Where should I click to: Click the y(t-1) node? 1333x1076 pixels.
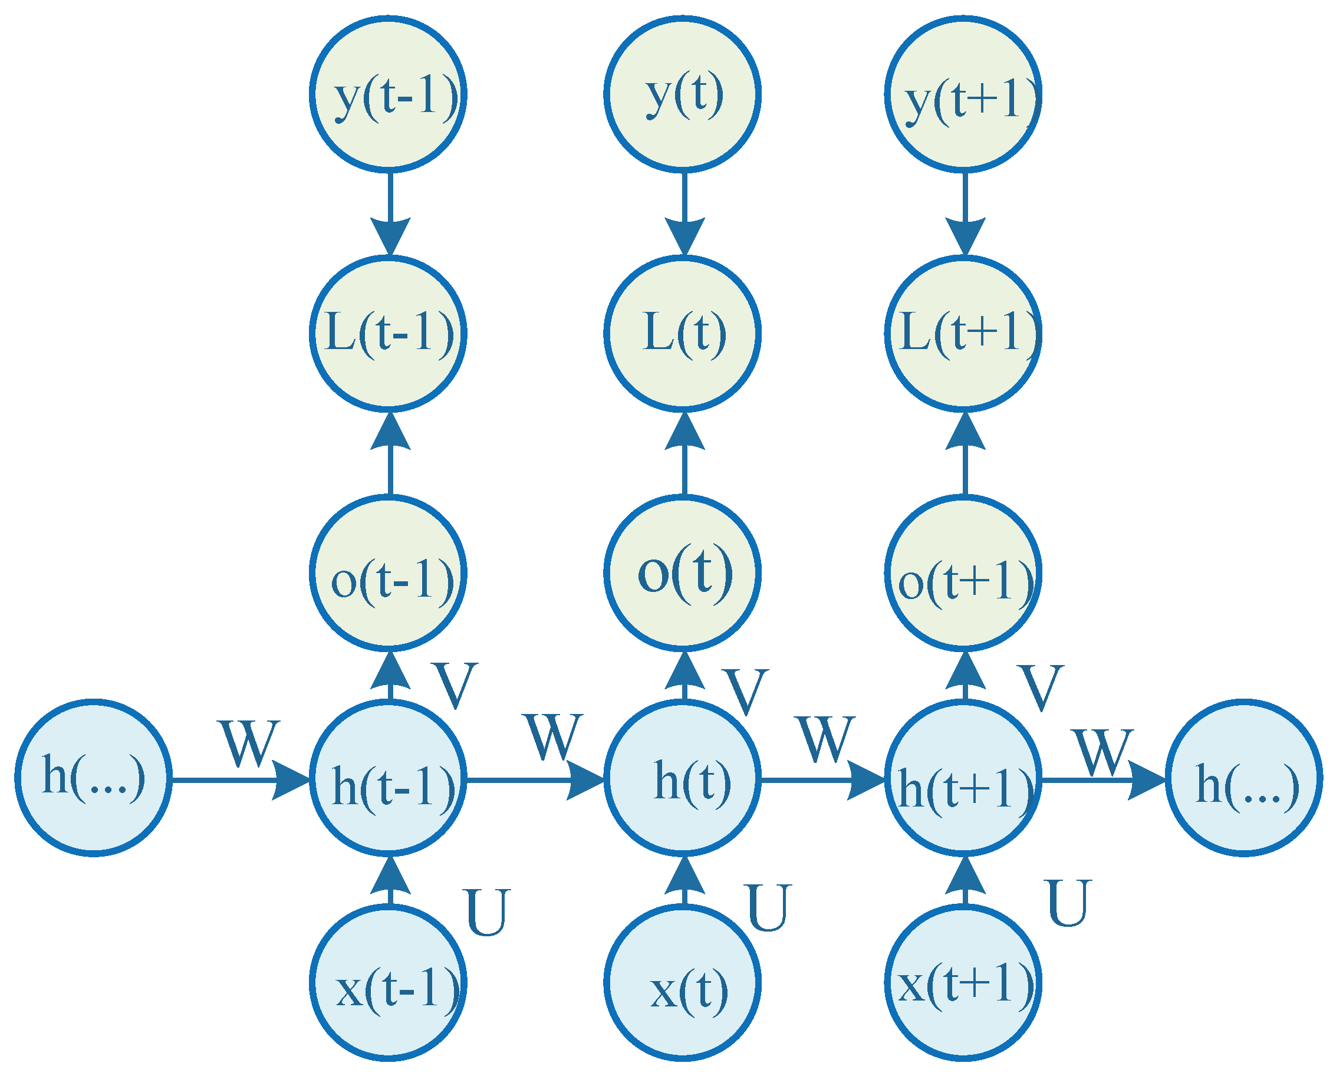[388, 94]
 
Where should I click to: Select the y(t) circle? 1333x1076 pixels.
[682, 94]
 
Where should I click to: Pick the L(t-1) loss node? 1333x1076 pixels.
[388, 334]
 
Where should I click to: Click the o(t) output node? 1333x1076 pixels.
[682, 572]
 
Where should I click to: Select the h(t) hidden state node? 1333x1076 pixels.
[682, 779]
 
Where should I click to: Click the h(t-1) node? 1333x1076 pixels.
[388, 779]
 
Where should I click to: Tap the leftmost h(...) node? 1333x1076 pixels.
[94, 779]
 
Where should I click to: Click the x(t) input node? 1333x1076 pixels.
[682, 983]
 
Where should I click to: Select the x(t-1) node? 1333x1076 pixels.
[388, 983]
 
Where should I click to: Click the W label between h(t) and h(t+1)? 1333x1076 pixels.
[826, 739]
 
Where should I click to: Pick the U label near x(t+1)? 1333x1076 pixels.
[1068, 903]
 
